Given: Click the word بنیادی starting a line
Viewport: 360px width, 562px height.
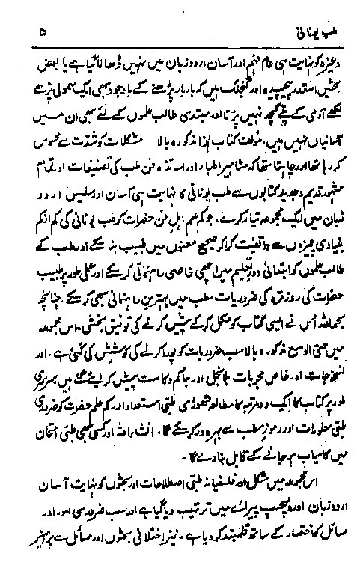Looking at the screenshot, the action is (311, 201).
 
